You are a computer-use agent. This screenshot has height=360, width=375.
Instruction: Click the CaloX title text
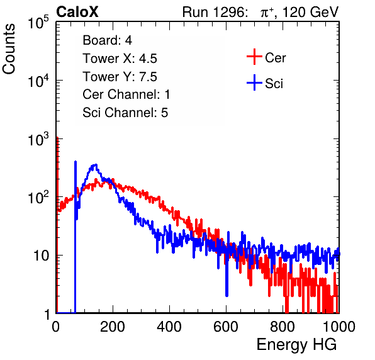click(x=77, y=12)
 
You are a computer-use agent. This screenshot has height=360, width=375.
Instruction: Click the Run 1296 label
click(x=215, y=12)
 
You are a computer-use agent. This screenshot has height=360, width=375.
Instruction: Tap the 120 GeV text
click(x=310, y=12)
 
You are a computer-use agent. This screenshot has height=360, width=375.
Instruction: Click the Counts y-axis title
click(x=9, y=49)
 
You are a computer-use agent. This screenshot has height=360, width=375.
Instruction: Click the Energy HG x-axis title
click(x=296, y=345)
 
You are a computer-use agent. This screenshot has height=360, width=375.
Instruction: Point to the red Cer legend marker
click(x=254, y=57)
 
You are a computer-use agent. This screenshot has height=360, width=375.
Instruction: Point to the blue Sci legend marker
click(x=254, y=83)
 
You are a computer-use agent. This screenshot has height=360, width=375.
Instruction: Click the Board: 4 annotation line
click(x=107, y=40)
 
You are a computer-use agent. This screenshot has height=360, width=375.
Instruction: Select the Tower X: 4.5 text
click(x=120, y=59)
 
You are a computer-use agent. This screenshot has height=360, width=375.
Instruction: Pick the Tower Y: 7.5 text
click(x=120, y=77)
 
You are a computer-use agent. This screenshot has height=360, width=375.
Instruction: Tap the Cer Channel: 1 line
click(x=126, y=94)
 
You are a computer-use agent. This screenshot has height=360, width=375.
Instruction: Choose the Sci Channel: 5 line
click(x=125, y=113)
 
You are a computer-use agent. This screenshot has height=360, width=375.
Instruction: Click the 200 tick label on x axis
click(x=113, y=326)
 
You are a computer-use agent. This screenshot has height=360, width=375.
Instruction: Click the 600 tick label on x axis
click(x=226, y=326)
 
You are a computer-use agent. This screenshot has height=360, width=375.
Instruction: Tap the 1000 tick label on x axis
click(x=339, y=326)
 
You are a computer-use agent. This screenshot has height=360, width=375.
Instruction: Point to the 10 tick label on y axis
click(x=42, y=256)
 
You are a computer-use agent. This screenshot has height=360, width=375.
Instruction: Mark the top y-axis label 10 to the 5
click(x=38, y=23)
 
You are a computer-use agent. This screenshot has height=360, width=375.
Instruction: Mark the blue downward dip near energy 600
click(x=227, y=295)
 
